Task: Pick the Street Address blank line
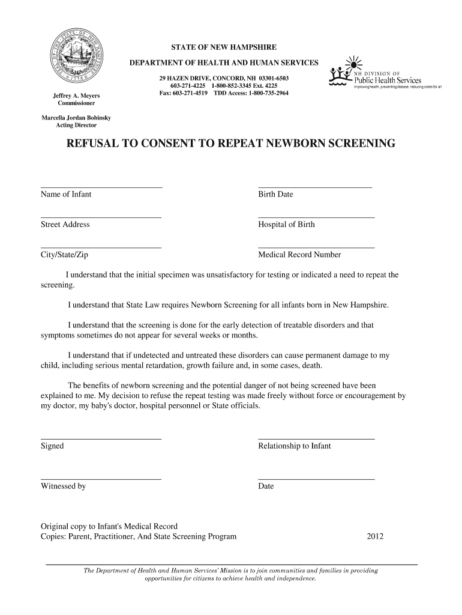point(101,217)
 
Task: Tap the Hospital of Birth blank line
point(316,217)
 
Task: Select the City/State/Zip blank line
point(101,247)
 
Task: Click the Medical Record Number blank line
point(316,247)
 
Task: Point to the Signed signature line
point(101,438)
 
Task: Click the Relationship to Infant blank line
point(316,438)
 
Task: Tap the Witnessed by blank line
point(101,479)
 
